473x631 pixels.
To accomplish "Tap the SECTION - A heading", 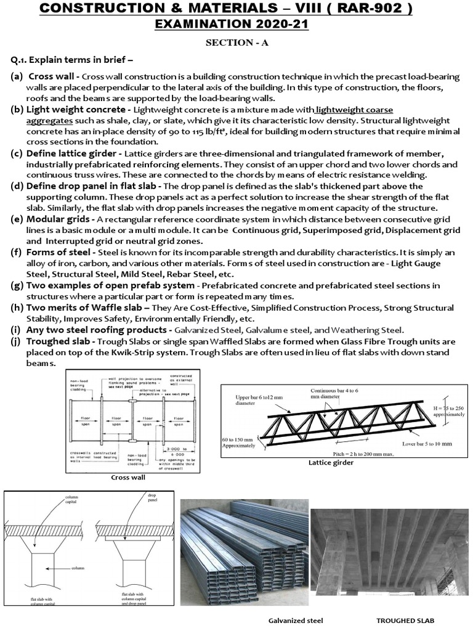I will point(236,44).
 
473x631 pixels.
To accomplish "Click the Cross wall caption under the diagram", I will point(127,478).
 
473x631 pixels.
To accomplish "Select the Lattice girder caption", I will point(331,463).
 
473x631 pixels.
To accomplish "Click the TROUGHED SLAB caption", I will point(409,621).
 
